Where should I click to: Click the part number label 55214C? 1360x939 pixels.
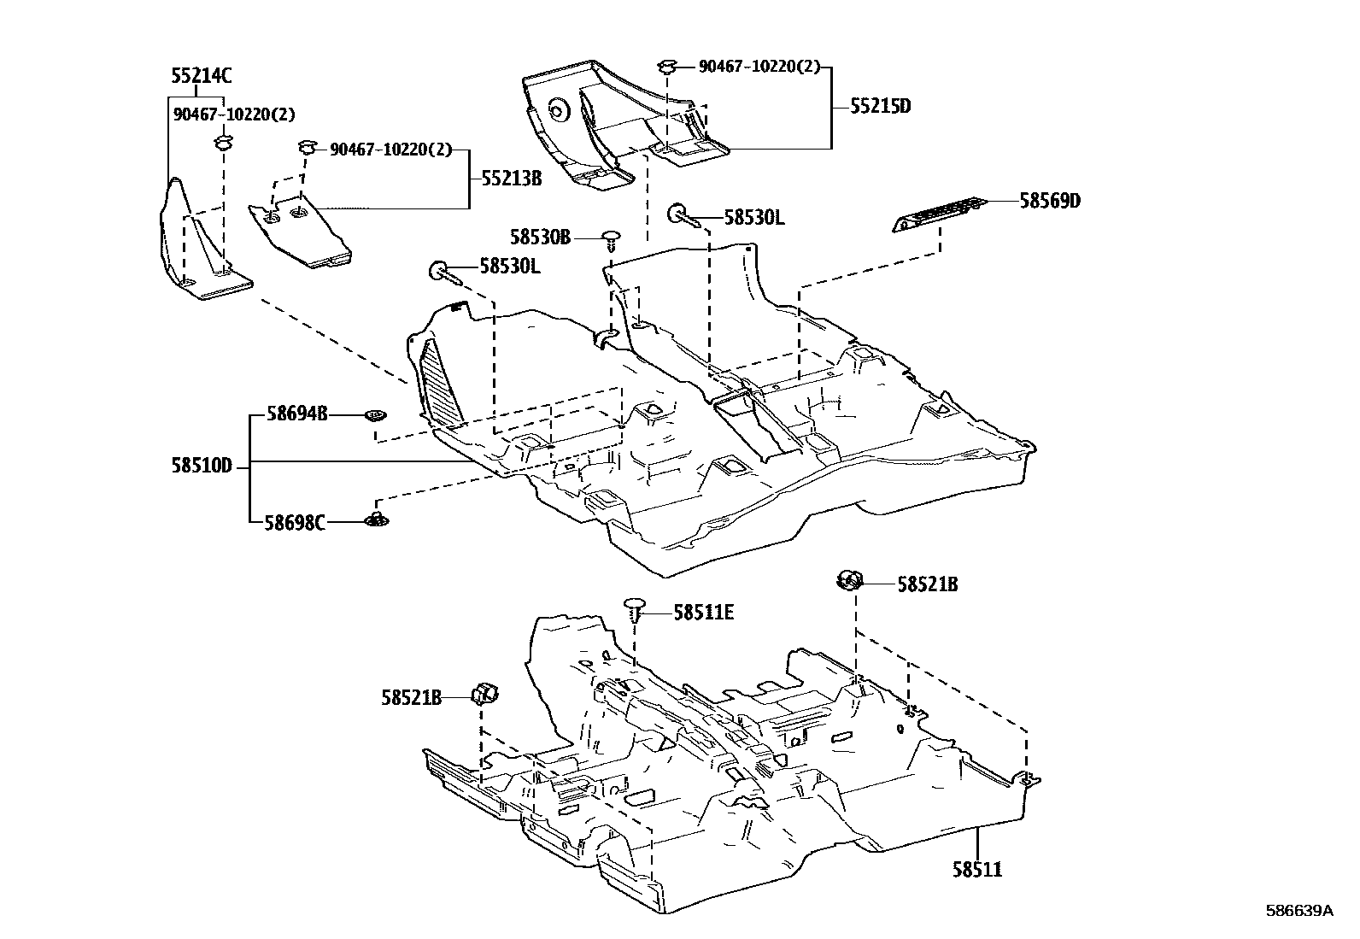(201, 76)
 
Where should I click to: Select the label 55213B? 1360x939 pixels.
(511, 179)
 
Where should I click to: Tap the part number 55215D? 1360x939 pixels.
(880, 107)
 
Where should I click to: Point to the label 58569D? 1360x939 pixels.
(1050, 201)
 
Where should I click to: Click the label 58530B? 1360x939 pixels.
(540, 237)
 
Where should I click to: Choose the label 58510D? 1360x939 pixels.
(201, 467)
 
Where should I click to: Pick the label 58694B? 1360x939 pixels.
(296, 414)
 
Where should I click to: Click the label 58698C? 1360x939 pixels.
(295, 522)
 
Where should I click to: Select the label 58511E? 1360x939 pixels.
(704, 612)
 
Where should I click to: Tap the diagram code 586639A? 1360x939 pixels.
(1298, 911)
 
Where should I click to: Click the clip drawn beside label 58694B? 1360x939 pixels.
(374, 415)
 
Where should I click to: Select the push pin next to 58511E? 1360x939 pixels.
(633, 608)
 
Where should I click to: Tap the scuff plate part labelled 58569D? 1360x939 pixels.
(938, 214)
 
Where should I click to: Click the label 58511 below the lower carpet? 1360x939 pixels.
(977, 870)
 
